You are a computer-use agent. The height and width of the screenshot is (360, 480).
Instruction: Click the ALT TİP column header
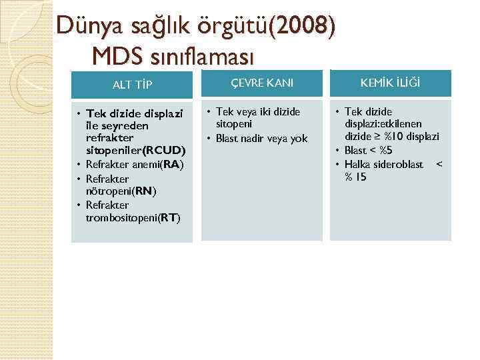(x=132, y=85)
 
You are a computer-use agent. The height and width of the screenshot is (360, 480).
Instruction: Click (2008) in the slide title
(x=305, y=26)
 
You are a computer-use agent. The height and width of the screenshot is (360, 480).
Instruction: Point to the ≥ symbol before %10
(x=379, y=137)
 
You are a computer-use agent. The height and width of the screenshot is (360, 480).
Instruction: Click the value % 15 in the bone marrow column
(x=356, y=177)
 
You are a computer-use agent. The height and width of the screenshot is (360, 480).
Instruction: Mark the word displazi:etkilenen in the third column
(x=383, y=123)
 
